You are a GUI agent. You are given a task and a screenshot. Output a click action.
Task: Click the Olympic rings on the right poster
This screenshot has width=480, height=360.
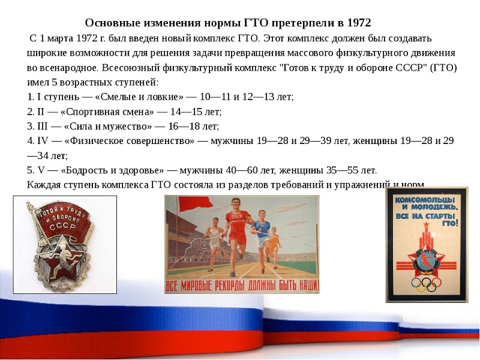427,283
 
